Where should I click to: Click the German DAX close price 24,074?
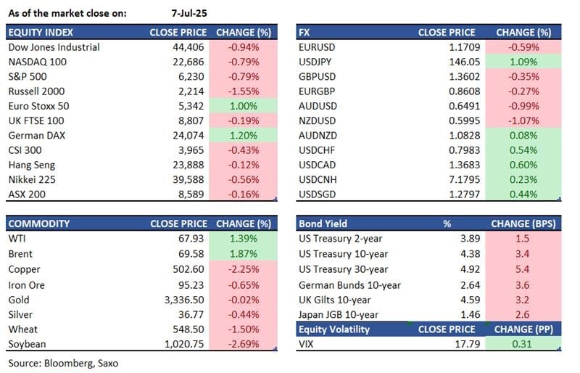[190, 136]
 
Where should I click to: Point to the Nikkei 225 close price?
[190, 180]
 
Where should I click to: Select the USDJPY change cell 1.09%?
[525, 62]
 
